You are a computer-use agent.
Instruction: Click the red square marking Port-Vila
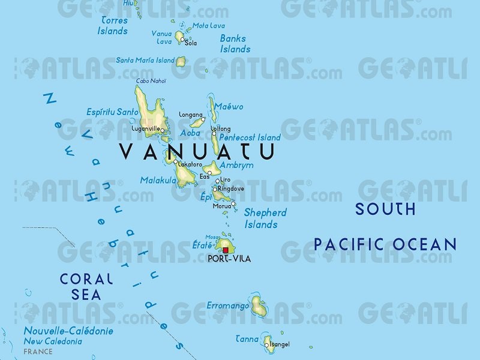226,250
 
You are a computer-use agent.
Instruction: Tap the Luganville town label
146,128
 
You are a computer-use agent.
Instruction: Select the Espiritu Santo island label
112,112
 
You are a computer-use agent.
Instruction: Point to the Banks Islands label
235,44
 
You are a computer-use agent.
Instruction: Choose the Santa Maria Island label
145,60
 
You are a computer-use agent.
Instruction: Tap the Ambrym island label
236,165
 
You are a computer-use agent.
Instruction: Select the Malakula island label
158,180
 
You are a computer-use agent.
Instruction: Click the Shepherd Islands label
265,218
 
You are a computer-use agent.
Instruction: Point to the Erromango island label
227,306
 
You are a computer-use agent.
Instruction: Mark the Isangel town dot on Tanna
267,345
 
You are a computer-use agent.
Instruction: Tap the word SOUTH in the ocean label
385,209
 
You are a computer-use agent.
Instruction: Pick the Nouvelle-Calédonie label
68,331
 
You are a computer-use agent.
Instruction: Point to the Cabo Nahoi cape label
151,81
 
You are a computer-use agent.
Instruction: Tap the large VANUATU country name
197,151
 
